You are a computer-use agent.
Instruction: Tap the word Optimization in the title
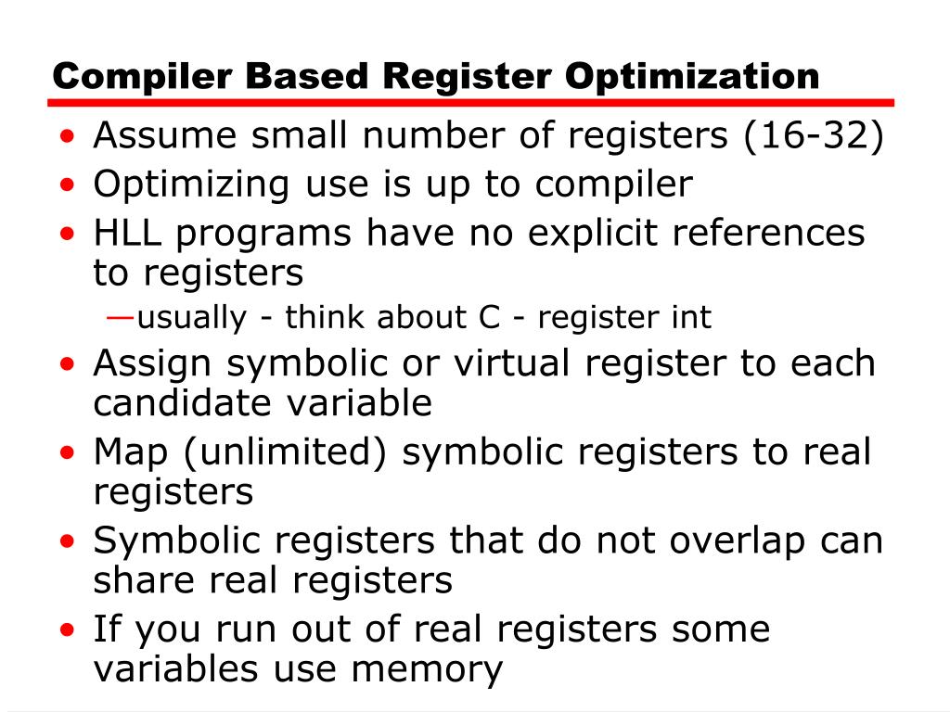[693, 76]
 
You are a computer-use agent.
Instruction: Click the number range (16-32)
[812, 137]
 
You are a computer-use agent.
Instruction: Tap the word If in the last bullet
[106, 629]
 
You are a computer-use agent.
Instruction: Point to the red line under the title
[473, 103]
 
